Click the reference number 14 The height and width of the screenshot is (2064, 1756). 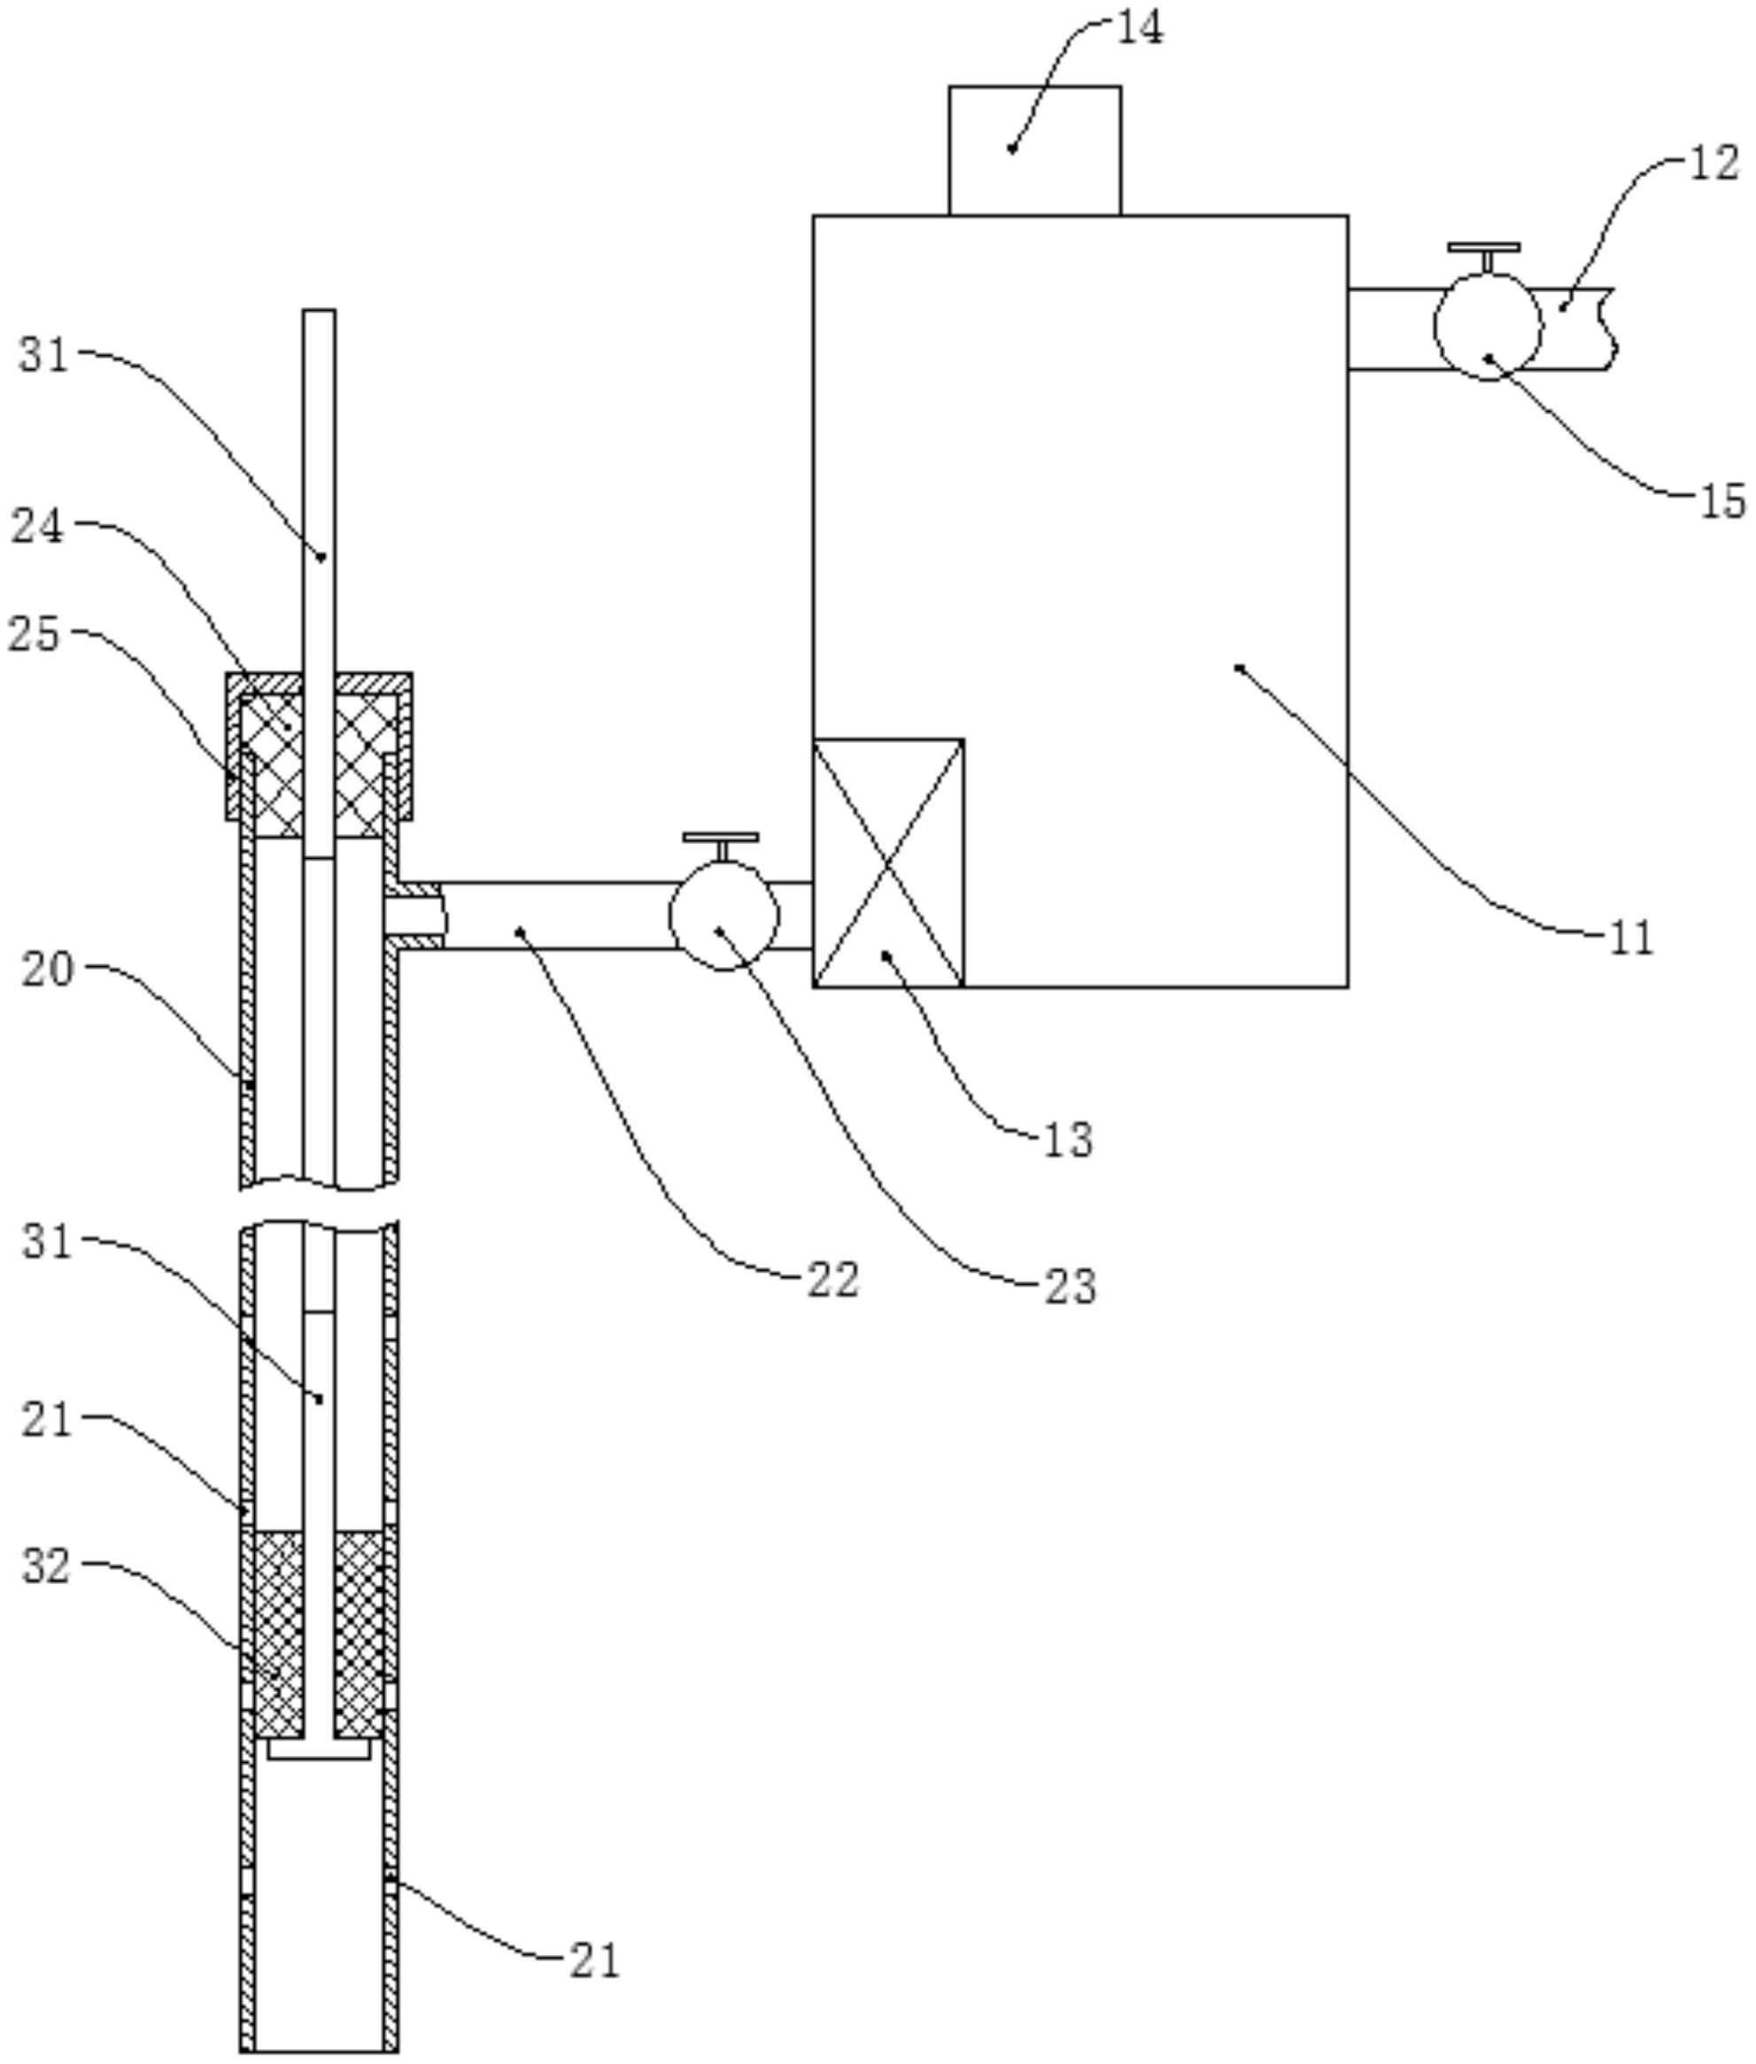pyautogui.click(x=1139, y=30)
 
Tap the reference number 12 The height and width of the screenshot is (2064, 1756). pyautogui.click(x=1714, y=163)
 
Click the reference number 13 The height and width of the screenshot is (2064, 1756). pyautogui.click(x=1068, y=1140)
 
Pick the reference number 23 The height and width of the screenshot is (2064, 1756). pyautogui.click(x=1070, y=1286)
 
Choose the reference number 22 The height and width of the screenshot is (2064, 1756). pyautogui.click(x=833, y=1279)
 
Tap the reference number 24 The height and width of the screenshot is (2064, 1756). pyautogui.click(x=37, y=527)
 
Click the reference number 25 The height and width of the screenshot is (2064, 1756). pyautogui.click(x=35, y=634)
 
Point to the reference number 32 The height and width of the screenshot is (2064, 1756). pyautogui.click(x=48, y=1566)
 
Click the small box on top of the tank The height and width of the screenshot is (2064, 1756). pyautogui.click(x=1034, y=151)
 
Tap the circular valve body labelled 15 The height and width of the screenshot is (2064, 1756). pyautogui.click(x=1487, y=326)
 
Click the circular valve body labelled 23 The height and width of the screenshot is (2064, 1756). pyautogui.click(x=723, y=916)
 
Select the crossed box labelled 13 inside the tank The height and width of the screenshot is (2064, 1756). pyautogui.click(x=888, y=862)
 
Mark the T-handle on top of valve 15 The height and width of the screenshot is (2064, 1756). pyautogui.click(x=1484, y=256)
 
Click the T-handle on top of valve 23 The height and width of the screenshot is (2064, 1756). pyautogui.click(x=721, y=846)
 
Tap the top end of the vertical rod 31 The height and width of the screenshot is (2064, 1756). pyautogui.click(x=320, y=311)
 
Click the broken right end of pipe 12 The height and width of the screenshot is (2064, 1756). pyautogui.click(x=1609, y=329)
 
